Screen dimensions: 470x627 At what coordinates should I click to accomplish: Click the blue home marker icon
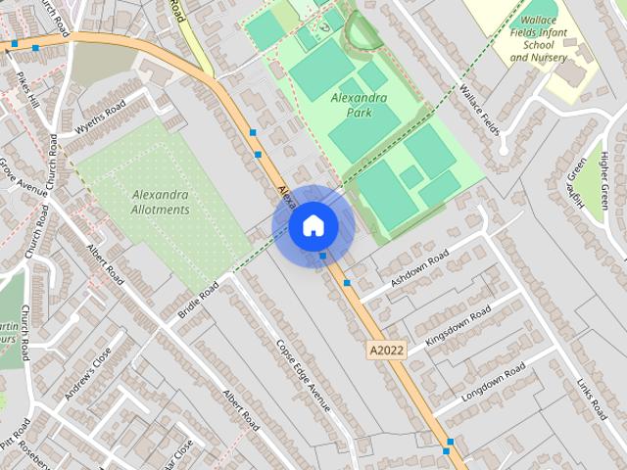pyautogui.click(x=313, y=226)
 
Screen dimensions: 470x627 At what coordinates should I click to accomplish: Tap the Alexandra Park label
pyautogui.click(x=359, y=105)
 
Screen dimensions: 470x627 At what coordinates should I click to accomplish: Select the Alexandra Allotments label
pyautogui.click(x=160, y=202)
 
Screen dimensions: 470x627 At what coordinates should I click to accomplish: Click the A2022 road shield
pyautogui.click(x=387, y=350)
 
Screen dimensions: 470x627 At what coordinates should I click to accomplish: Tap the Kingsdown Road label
pyautogui.click(x=458, y=326)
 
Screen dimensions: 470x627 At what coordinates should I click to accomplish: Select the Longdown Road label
pyautogui.click(x=494, y=377)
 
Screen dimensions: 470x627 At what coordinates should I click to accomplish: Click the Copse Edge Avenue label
pyautogui.click(x=303, y=375)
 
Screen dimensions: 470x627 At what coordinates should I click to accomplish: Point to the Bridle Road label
pyautogui.click(x=198, y=303)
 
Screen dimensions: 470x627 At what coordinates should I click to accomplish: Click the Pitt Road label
pyautogui.click(x=16, y=437)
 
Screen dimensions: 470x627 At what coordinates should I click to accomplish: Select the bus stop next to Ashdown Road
pyautogui.click(x=347, y=282)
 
